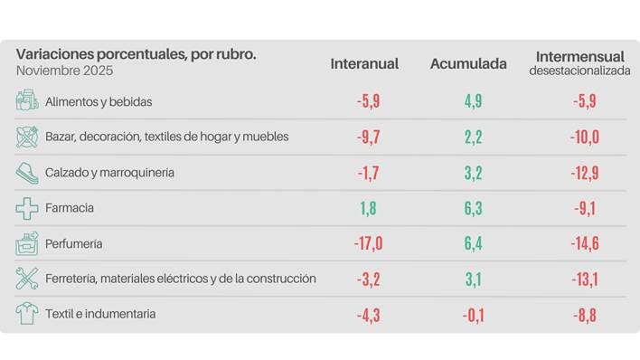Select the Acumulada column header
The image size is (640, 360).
click(467, 64)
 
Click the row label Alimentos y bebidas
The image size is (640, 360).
click(99, 101)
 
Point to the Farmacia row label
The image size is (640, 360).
click(70, 208)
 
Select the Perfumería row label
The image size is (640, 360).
click(74, 243)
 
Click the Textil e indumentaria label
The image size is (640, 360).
click(100, 314)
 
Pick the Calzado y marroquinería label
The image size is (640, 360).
click(109, 172)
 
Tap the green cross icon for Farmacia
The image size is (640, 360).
click(27, 208)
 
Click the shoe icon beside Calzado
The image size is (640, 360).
click(27, 172)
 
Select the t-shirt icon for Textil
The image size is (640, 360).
click(27, 314)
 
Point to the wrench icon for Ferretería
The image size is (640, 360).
click(27, 279)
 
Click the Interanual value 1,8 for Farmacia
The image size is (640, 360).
click(368, 209)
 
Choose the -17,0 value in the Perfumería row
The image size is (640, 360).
click(368, 244)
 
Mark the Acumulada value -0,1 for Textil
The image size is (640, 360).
click(473, 315)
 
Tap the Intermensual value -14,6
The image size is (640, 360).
click(584, 244)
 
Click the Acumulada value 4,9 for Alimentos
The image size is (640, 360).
click(473, 102)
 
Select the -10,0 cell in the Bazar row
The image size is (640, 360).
click(584, 137)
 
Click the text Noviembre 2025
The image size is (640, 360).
click(65, 71)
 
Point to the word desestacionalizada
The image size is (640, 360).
click(579, 71)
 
